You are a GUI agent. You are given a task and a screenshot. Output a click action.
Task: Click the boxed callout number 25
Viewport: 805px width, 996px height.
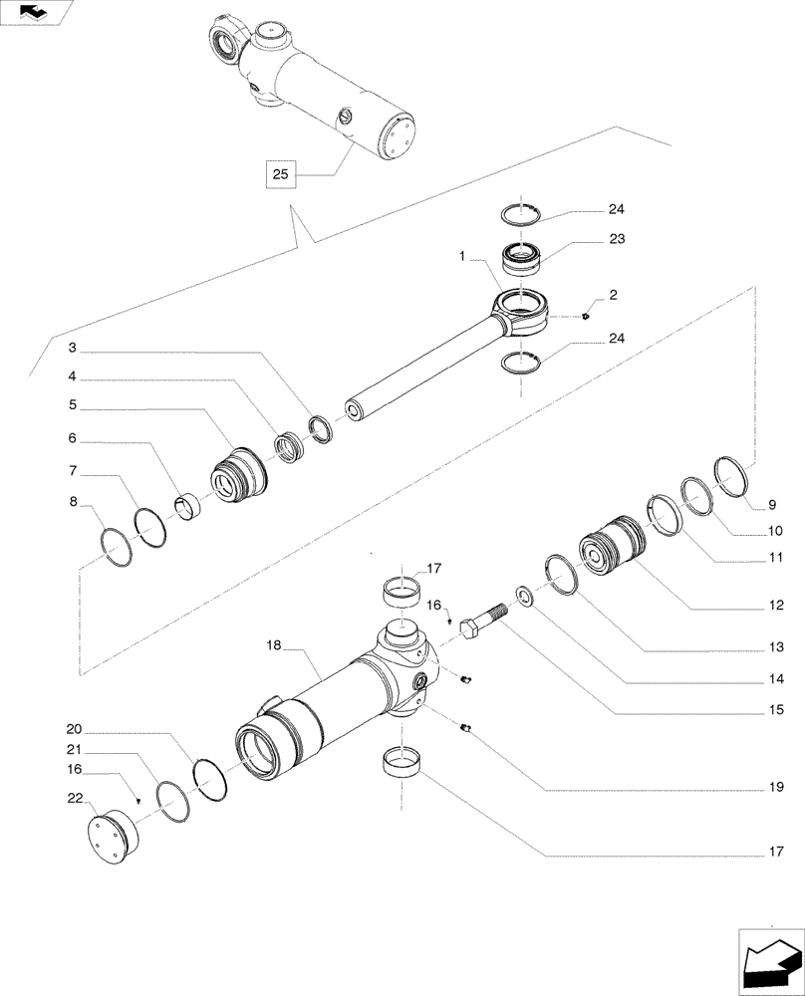[280, 174]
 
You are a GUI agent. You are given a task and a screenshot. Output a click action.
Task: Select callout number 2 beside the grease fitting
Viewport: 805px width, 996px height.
[613, 295]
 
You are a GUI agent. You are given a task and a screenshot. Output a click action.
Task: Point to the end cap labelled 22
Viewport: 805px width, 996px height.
[111, 835]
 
